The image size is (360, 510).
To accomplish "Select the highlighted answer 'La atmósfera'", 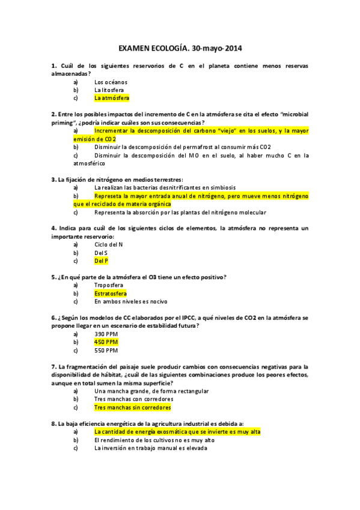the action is point(112,97).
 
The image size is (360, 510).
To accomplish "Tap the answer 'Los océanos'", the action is point(111,82).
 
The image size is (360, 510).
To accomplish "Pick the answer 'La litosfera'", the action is point(109,90).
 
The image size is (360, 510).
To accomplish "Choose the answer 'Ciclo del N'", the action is point(109,245).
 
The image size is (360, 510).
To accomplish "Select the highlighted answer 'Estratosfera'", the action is point(111,293).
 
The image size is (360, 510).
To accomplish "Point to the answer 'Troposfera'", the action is point(109,285).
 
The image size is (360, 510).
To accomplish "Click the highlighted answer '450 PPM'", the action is point(106,342).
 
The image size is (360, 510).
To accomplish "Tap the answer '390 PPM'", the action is point(106,334).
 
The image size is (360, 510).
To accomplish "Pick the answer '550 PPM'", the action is point(106,349).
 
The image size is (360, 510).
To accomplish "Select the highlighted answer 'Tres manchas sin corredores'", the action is point(133,407).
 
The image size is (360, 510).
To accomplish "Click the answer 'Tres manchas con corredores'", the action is point(134,399).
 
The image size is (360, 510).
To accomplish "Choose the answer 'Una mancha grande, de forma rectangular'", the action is point(151,391).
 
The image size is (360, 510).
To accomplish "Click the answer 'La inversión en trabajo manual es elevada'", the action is point(151,447).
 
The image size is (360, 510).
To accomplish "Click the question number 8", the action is point(54,423).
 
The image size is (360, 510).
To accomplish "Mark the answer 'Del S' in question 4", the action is point(101,253).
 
